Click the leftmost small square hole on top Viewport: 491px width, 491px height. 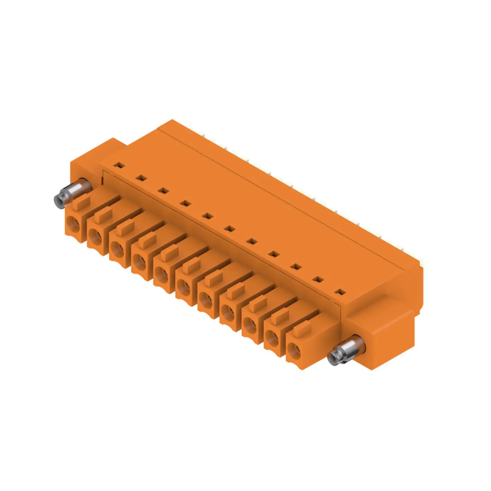(x=120, y=165)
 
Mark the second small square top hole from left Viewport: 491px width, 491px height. (x=142, y=178)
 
